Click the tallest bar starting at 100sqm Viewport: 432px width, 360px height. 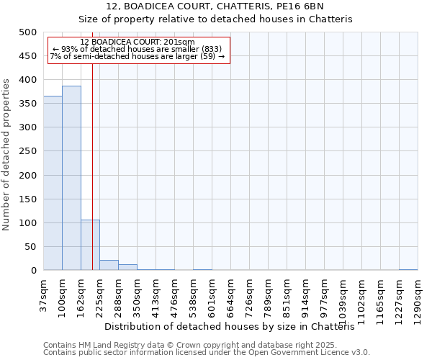(x=71, y=178)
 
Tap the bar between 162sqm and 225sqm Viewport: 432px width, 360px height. (x=90, y=245)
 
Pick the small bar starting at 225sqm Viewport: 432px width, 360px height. (x=109, y=265)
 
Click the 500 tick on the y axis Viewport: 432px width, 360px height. (x=27, y=32)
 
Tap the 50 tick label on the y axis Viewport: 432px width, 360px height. (x=30, y=247)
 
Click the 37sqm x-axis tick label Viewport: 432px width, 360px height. (x=44, y=294)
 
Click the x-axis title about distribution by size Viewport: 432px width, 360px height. (x=234, y=326)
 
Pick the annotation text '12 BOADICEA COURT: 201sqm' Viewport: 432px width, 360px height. (x=137, y=42)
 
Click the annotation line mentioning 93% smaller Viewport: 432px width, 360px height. (x=137, y=49)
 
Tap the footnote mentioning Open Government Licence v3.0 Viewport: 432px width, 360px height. (x=207, y=352)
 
